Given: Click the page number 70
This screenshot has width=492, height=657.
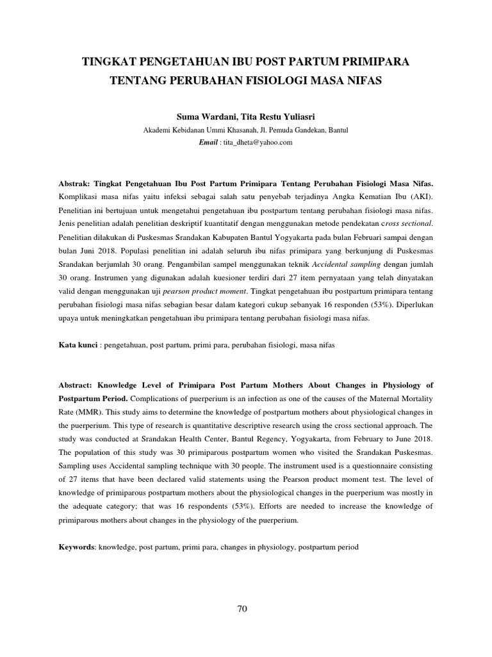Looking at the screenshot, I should (x=242, y=610).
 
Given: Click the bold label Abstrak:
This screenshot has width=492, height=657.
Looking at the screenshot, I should (x=77, y=182).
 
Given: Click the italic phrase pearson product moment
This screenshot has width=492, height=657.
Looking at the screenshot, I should (x=209, y=291).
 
